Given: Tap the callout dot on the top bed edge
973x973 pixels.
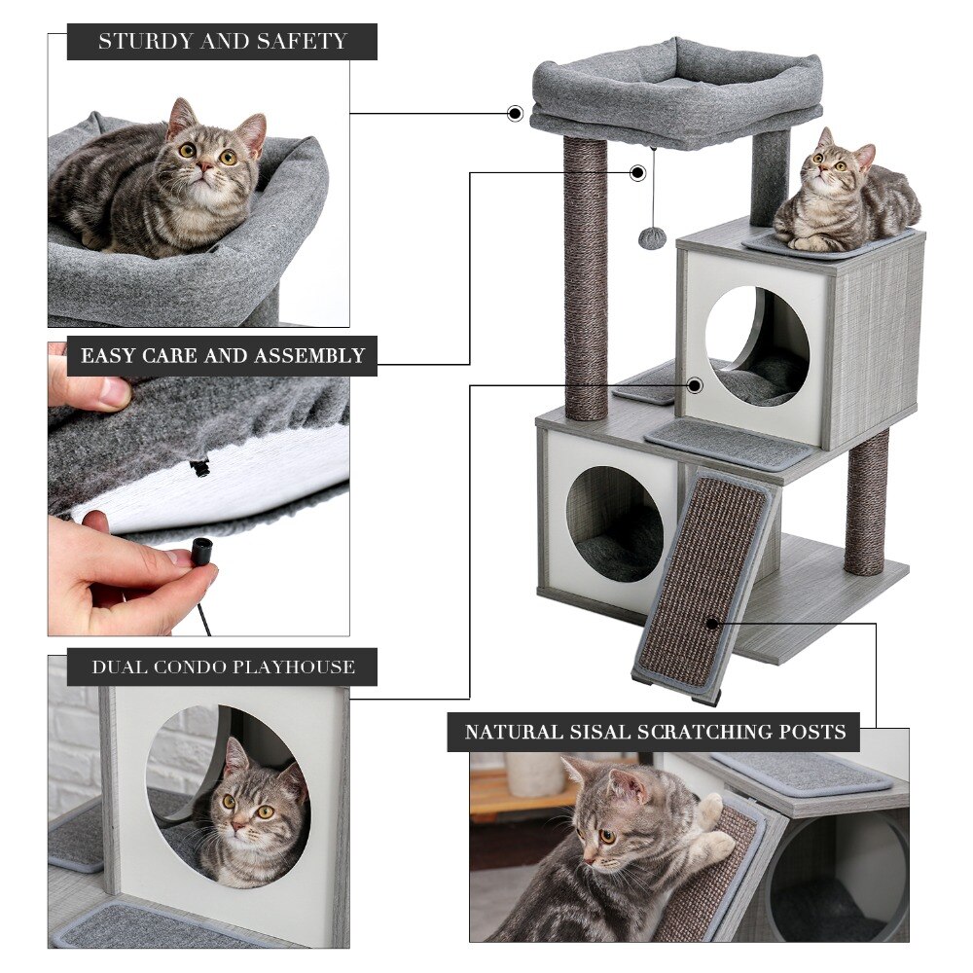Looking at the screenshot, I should tap(515, 114).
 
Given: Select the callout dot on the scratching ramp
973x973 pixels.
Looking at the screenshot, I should tap(712, 623).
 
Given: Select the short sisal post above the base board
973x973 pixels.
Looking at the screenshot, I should tap(865, 501).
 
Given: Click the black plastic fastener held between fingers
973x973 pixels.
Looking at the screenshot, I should tap(202, 552).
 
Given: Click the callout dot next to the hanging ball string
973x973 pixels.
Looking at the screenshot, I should tap(637, 173).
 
